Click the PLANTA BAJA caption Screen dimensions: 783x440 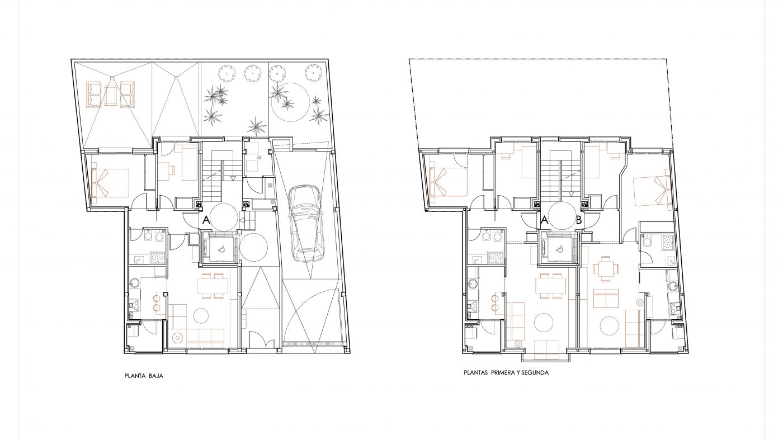[144, 376]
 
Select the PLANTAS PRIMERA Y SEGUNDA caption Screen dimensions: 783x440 [506, 372]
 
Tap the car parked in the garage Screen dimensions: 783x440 [307, 223]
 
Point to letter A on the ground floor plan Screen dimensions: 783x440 [206, 220]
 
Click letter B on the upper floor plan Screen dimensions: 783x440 [579, 220]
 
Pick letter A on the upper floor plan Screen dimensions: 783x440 [544, 220]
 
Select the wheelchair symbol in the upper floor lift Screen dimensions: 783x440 [559, 249]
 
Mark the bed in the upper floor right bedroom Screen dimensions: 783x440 [653, 191]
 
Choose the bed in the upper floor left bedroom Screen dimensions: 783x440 [448, 182]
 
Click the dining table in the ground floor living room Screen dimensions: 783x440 [213, 286]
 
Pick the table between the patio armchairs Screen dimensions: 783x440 [111, 94]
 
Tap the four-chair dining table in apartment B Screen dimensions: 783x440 [606, 269]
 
